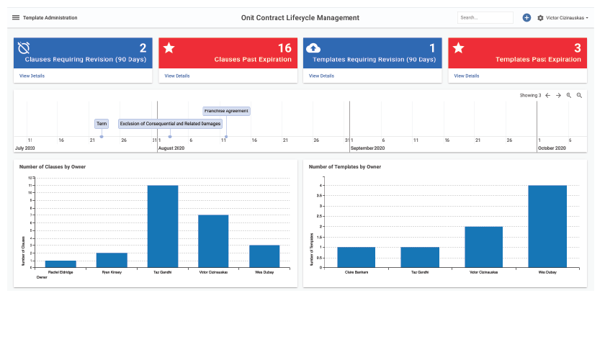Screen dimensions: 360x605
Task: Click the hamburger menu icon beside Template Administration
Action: [16, 17]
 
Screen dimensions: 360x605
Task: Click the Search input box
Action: [485, 17]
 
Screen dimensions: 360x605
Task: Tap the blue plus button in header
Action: [526, 17]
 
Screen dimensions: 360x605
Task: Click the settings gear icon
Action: [540, 17]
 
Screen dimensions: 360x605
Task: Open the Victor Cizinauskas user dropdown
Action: [568, 17]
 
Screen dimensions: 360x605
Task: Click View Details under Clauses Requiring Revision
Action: [32, 76]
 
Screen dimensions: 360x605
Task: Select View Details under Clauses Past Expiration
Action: [177, 76]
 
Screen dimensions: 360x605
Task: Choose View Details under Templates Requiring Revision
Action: [322, 76]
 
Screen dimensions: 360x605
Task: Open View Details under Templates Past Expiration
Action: [467, 76]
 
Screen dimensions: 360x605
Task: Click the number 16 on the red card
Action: [284, 48]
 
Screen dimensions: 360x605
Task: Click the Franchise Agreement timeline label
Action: [226, 111]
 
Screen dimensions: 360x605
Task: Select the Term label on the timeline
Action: [102, 124]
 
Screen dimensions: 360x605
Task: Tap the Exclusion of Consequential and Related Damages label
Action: [170, 124]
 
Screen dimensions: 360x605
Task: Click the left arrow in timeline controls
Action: [547, 95]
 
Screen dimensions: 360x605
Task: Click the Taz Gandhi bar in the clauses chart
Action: [163, 226]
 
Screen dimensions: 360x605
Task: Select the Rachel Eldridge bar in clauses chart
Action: [60, 264]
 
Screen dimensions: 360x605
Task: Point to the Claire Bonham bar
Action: [356, 257]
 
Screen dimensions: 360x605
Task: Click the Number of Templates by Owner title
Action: [345, 166]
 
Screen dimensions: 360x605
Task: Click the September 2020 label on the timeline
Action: [368, 148]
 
